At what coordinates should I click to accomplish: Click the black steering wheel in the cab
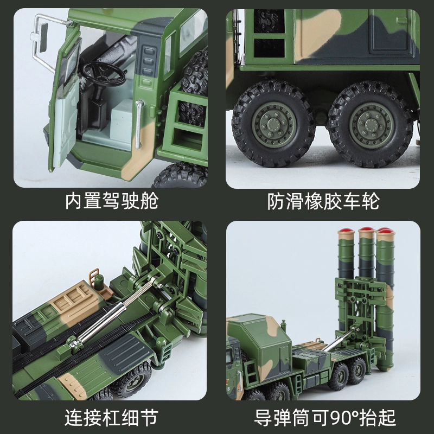(x=105, y=73)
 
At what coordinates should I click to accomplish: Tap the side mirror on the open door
(x=43, y=37)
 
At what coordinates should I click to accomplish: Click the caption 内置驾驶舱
(x=112, y=201)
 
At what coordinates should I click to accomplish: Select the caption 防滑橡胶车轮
(x=323, y=201)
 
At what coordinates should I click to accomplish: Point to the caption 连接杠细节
(x=112, y=417)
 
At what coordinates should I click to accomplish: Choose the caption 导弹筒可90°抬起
(x=325, y=417)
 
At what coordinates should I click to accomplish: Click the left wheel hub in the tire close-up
(x=274, y=125)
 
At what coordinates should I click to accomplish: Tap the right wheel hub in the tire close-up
(x=371, y=125)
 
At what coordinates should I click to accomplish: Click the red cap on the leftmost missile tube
(x=346, y=231)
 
